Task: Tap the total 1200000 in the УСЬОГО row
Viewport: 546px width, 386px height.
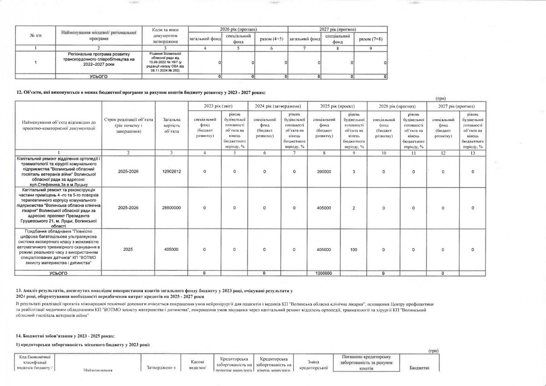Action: tap(324, 273)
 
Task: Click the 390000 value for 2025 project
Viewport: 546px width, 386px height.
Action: tap(324, 172)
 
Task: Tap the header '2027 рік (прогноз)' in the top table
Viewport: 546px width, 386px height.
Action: tap(337, 29)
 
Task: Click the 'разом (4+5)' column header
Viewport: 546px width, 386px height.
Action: tap(271, 39)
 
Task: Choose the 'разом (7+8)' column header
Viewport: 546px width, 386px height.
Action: tap(371, 39)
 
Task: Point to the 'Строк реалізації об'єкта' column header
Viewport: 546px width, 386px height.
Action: tap(129, 125)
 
